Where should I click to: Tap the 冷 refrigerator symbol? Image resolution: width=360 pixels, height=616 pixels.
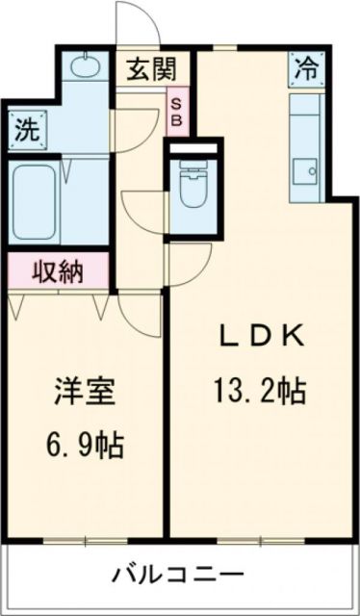click(305, 69)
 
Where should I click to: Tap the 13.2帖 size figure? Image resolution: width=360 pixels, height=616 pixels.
click(260, 391)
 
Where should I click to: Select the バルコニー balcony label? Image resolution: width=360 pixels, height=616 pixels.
click(177, 576)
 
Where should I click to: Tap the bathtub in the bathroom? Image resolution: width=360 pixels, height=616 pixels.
click(35, 202)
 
